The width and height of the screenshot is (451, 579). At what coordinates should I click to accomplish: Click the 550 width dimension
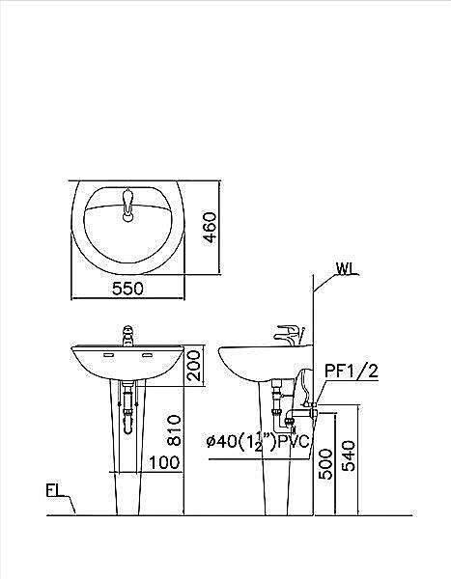click(x=127, y=289)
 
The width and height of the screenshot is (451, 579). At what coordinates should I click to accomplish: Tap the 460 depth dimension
click(x=211, y=227)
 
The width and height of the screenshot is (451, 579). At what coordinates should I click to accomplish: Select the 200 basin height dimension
click(x=193, y=366)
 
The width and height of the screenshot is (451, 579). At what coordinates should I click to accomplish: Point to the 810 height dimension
click(x=174, y=430)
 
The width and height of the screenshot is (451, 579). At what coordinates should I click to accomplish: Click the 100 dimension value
click(x=164, y=462)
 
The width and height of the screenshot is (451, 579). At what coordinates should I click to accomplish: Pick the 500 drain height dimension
click(x=325, y=464)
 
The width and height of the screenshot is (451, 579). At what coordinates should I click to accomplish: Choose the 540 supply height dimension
click(x=349, y=455)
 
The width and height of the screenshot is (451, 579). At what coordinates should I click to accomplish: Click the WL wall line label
click(x=347, y=269)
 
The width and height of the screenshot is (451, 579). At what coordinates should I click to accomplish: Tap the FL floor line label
click(x=54, y=491)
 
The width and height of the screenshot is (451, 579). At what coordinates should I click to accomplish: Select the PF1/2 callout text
click(x=352, y=371)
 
